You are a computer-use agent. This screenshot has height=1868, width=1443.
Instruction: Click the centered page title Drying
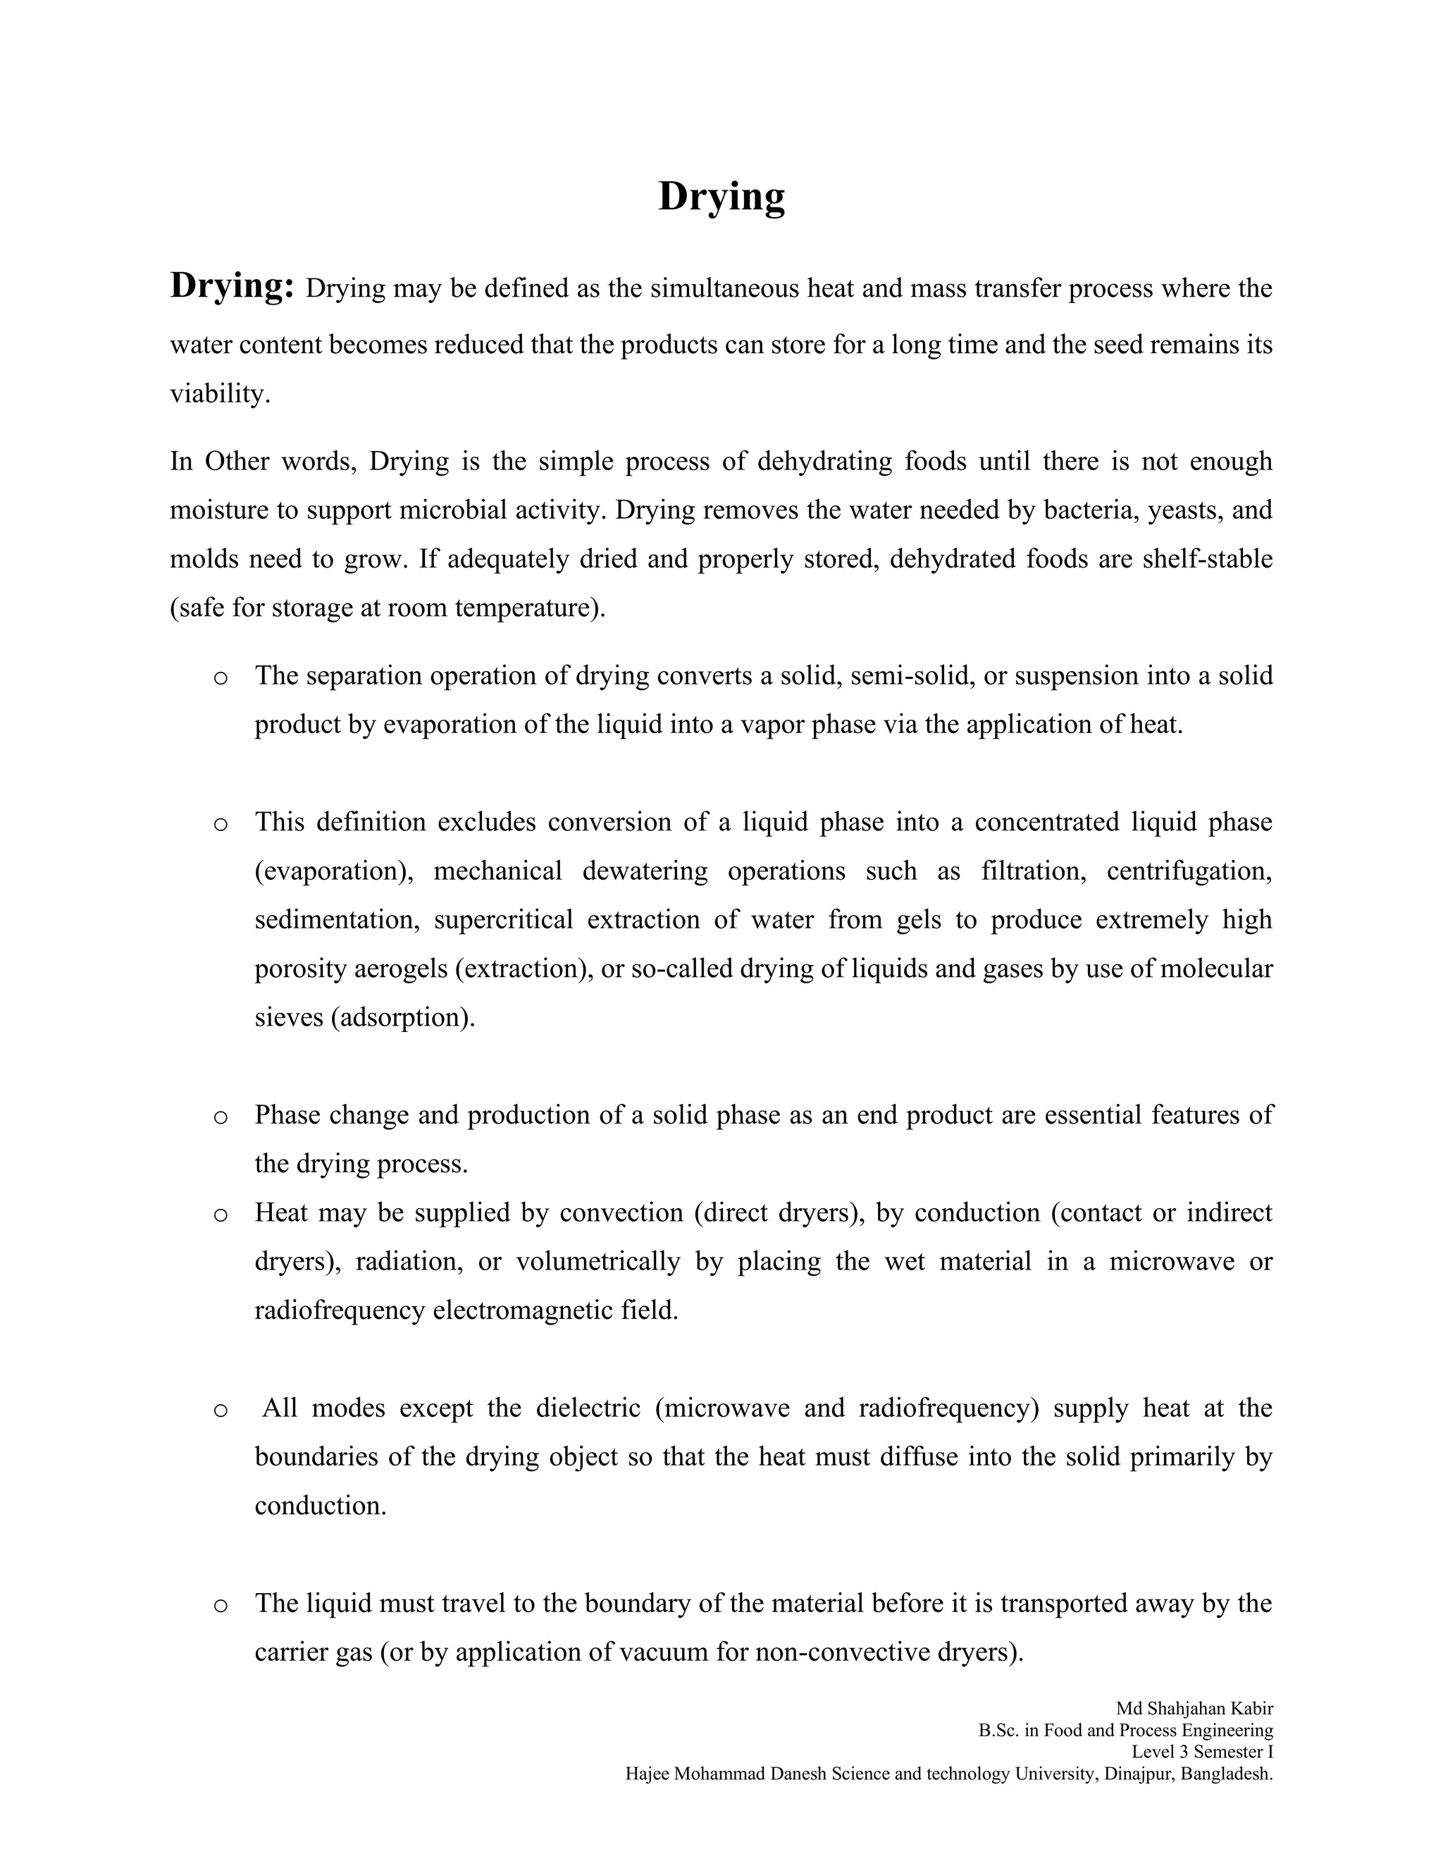(x=721, y=197)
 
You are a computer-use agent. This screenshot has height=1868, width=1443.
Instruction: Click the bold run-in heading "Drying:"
(x=233, y=285)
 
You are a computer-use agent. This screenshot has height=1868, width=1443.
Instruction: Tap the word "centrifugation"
(x=1188, y=871)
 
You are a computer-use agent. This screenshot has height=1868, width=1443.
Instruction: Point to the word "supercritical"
(x=502, y=921)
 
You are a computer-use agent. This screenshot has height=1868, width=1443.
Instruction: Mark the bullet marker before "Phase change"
(x=221, y=1117)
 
